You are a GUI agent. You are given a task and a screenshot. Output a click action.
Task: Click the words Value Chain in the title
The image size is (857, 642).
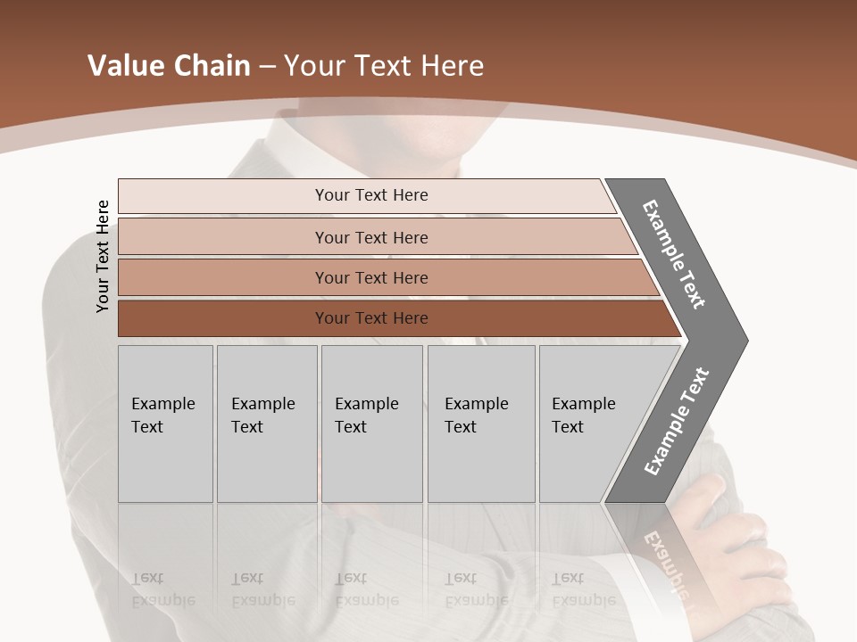click(169, 66)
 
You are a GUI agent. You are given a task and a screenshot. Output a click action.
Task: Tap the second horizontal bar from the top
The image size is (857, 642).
click(371, 237)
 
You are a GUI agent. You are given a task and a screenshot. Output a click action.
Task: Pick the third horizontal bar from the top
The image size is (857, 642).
click(371, 277)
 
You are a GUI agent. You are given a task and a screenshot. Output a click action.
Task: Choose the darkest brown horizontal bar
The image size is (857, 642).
click(371, 318)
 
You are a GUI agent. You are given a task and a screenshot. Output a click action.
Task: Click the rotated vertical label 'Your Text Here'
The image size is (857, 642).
click(103, 256)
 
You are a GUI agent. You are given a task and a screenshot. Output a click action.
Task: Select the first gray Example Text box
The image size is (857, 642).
click(165, 423)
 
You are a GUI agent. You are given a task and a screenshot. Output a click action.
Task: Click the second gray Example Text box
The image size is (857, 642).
click(266, 423)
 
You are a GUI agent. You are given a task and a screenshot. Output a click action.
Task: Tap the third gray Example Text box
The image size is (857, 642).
click(370, 423)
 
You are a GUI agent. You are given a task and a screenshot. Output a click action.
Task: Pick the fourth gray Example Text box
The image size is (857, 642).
click(480, 423)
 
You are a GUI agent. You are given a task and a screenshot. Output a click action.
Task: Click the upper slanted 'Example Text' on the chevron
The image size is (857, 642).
click(675, 254)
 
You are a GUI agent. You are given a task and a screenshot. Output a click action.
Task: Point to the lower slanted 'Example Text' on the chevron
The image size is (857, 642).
click(677, 421)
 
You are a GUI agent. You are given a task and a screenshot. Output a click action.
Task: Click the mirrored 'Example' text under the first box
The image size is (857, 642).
click(163, 599)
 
